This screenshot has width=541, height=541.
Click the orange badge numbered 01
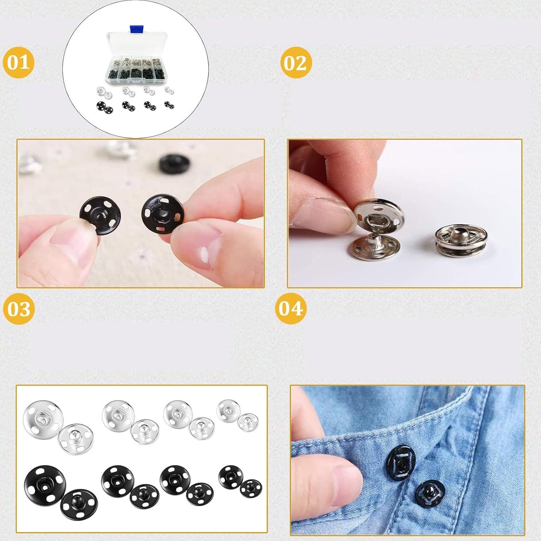pos(18,62)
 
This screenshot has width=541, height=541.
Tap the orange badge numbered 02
pos(295,62)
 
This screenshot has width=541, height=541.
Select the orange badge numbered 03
pos(18,309)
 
